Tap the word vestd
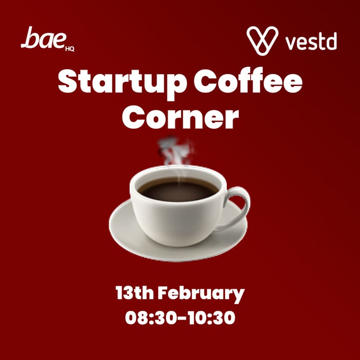click(x=311, y=42)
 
